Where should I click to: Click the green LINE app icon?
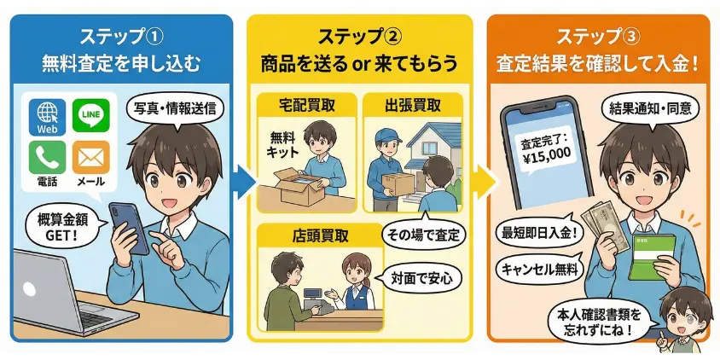coord(91,115)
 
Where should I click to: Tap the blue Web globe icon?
coord(47,117)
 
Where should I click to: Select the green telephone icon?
coord(47,157)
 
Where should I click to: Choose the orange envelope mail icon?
coord(91,157)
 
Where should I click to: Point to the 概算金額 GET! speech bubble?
coord(63,224)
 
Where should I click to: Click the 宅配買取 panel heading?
coord(307,106)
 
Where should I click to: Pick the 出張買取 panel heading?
coord(412,106)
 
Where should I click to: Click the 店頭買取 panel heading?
coord(320,235)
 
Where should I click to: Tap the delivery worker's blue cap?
coord(387,135)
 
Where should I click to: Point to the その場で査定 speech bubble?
coord(423,235)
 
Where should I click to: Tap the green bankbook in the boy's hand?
coord(651,256)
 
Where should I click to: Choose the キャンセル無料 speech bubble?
coord(539,269)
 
